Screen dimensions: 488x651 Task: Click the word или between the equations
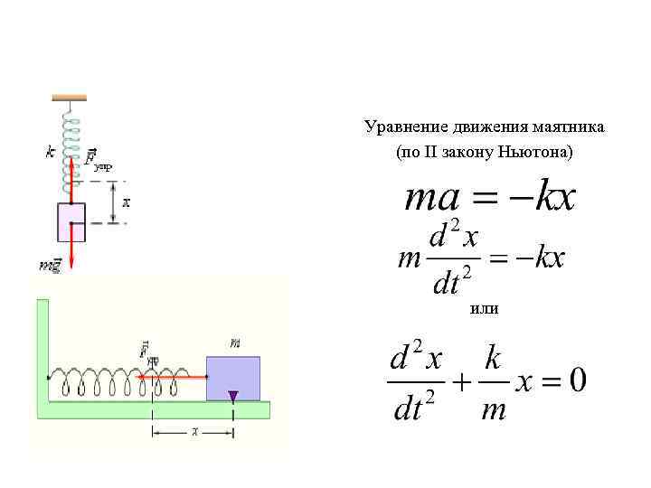click(x=485, y=309)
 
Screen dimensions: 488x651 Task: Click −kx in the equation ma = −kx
click(x=542, y=198)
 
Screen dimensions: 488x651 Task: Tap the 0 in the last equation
click(x=576, y=380)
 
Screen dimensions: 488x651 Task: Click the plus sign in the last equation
click(x=461, y=382)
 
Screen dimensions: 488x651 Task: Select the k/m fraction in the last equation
click(x=493, y=383)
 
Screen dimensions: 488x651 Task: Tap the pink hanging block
click(x=71, y=222)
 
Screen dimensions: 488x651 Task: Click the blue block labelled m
click(x=233, y=379)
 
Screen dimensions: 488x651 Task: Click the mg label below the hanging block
click(x=49, y=265)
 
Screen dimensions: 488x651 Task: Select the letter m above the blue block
click(x=235, y=343)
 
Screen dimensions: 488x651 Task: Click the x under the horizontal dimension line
click(x=194, y=432)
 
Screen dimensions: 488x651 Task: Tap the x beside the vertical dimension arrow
click(x=126, y=202)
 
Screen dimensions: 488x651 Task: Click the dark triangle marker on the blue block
click(x=233, y=395)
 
